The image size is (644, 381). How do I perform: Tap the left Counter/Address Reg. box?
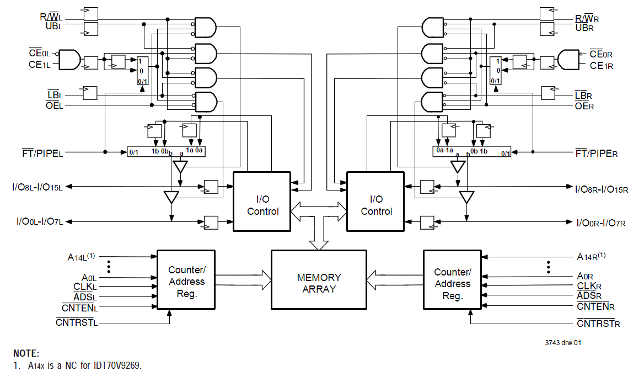(x=186, y=282)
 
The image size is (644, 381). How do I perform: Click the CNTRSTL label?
(x=77, y=322)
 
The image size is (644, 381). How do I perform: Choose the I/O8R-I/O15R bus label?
(x=602, y=189)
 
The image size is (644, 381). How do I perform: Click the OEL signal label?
(x=54, y=105)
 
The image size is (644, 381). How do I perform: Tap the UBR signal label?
(x=584, y=27)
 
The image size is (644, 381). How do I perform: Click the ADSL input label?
(x=84, y=297)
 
